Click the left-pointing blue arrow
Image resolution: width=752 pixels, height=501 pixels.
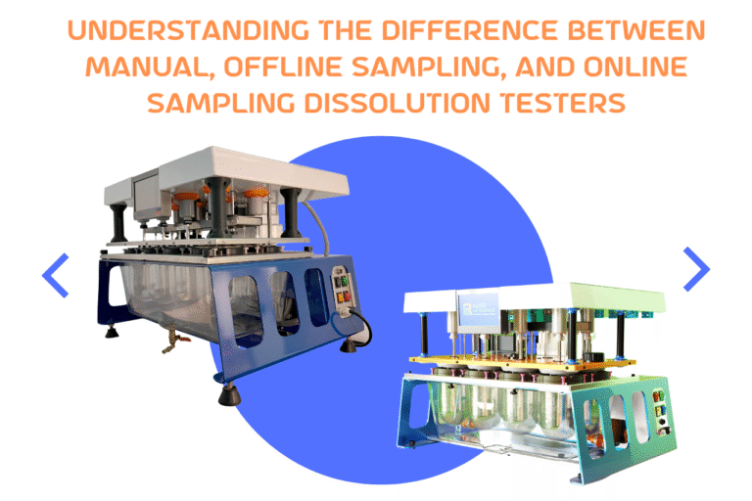(x=56, y=275)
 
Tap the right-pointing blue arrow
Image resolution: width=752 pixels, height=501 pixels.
(x=696, y=269)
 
